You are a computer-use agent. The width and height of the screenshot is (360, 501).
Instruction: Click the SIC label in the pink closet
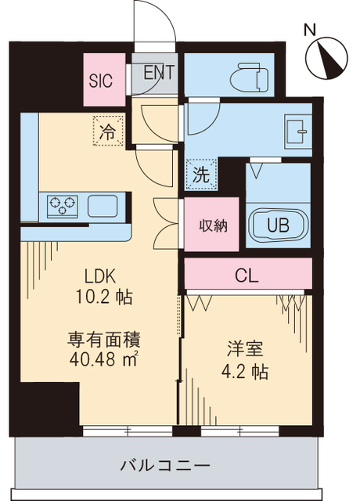pos(100,80)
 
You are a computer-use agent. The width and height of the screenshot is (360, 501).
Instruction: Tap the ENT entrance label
pos(158,74)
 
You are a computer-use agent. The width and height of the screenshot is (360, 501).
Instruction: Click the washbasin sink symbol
pos(298,130)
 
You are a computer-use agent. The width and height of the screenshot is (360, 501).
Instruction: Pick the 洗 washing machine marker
pos(200,175)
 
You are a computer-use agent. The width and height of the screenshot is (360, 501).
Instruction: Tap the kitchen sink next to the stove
pos(104,207)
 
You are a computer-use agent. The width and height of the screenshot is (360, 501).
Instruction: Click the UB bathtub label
pos(277,225)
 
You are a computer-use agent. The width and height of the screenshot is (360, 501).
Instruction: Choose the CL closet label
pos(247,276)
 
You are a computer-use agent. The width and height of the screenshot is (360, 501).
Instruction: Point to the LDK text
pos(100,276)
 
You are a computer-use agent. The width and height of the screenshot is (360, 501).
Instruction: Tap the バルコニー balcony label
pos(164,467)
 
